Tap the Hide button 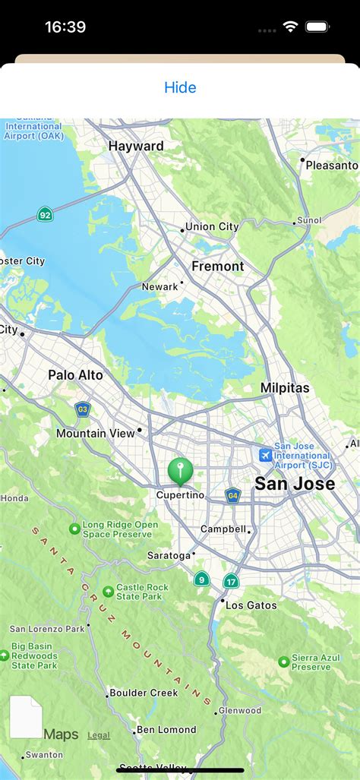coord(180,87)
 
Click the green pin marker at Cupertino coord(180,471)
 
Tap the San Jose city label coord(294,484)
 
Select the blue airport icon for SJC coord(265,455)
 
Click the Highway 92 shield coord(46,215)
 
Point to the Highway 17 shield coord(231,581)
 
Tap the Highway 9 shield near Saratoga coord(201,579)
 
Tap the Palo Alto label coord(75,374)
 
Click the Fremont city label coord(218,266)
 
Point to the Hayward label coord(136,146)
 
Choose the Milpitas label coord(285,387)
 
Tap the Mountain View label coord(95,433)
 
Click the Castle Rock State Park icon coord(109,591)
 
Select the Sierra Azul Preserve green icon coord(284,662)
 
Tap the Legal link coord(99,735)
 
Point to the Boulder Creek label coord(144,693)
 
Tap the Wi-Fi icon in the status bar coord(289,27)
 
